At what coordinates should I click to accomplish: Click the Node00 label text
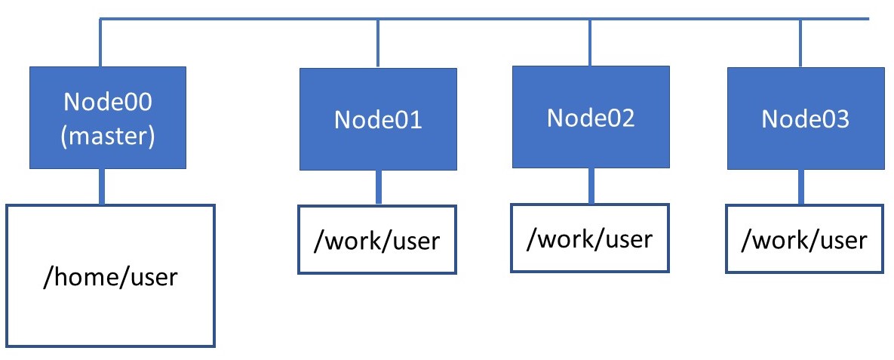pos(108,102)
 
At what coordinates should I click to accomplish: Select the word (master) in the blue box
pos(108,137)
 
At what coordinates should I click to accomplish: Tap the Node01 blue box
pos(378,119)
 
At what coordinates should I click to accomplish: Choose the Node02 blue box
pos(591,117)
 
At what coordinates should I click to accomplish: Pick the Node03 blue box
pos(806,118)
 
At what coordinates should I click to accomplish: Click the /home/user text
pos(111,277)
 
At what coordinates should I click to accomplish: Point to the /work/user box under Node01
pos(377,239)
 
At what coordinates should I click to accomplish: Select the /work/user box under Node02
pos(590,238)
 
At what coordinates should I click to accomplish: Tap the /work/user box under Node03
pos(804,239)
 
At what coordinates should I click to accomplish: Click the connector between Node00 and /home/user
pos(102,186)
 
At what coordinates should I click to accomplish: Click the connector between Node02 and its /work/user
pos(591,186)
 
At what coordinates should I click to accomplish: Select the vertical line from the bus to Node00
pos(100,43)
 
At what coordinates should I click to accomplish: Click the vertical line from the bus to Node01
pos(377,44)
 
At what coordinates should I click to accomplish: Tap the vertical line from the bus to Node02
pos(589,43)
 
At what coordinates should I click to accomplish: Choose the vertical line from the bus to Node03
pos(800,43)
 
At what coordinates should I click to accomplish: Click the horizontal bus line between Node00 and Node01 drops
pos(239,19)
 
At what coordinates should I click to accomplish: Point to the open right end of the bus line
pos(869,19)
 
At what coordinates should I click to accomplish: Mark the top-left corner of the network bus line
pos(100,19)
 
